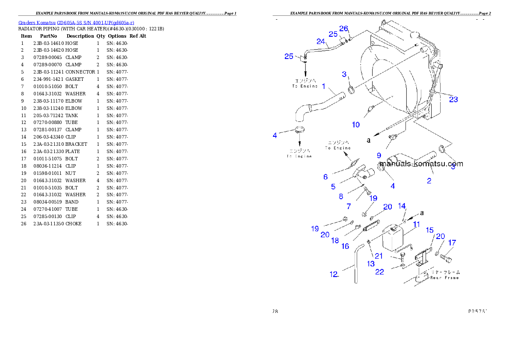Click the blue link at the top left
pyautogui.click(x=76, y=23)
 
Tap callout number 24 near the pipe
pyautogui.click(x=321, y=41)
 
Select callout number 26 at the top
pyautogui.click(x=344, y=29)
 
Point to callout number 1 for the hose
pyautogui.click(x=324, y=86)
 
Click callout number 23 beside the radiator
pyautogui.click(x=453, y=99)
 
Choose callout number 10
pyautogui.click(x=356, y=124)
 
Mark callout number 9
pyautogui.click(x=379, y=156)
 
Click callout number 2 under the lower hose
pyautogui.click(x=429, y=180)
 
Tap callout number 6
pyautogui.click(x=326, y=177)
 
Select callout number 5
pyautogui.click(x=333, y=186)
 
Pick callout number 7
pyautogui.click(x=349, y=206)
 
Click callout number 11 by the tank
pyautogui.click(x=416, y=224)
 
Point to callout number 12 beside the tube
pyautogui.click(x=334, y=274)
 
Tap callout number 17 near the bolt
pyautogui.click(x=452, y=242)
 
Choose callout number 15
pyautogui.click(x=429, y=230)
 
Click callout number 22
pyautogui.click(x=379, y=272)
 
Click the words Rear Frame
pyautogui.click(x=444, y=277)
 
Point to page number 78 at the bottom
pyautogui.click(x=275, y=311)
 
